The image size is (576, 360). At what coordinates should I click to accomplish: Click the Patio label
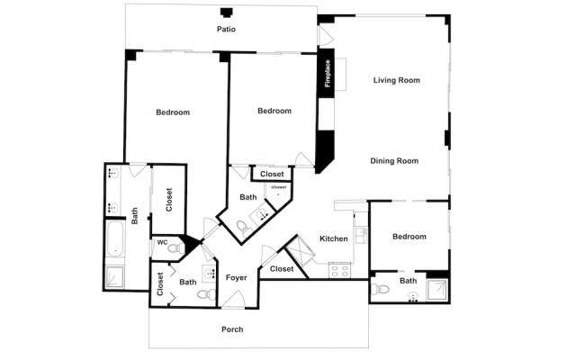pos(226,30)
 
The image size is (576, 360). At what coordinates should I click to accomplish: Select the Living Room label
pos(397,80)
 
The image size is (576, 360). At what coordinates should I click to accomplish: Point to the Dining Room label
pos(394,161)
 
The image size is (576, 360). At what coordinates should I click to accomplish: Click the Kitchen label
pos(334,238)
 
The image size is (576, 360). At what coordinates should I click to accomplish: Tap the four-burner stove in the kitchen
pos(340,268)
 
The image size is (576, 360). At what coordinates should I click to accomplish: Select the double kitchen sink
pos(359,236)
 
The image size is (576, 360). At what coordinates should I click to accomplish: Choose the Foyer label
pos(236,278)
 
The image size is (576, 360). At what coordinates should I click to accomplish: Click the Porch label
pos(232,329)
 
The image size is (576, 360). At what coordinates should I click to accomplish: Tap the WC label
pos(162,242)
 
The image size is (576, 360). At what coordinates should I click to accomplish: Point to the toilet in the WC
pos(175,247)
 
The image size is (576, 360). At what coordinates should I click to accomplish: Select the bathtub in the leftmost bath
pos(116,240)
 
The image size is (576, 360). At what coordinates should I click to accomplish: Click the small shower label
pos(278,186)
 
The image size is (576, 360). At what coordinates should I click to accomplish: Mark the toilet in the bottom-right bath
pos(380,290)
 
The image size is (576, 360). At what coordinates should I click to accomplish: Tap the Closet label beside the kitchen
pos(282,269)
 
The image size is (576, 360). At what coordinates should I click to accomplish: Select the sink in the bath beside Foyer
pos(209,274)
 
